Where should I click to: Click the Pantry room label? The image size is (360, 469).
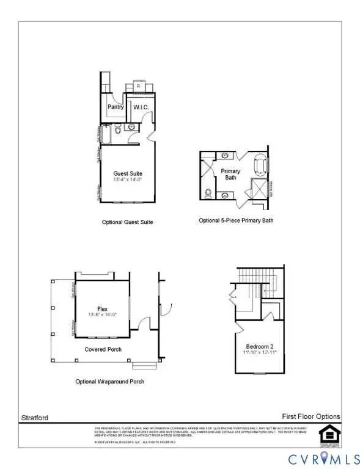[x=116, y=107]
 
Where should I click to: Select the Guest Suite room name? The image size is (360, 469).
[x=128, y=173]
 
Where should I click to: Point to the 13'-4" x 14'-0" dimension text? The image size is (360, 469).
[x=128, y=181]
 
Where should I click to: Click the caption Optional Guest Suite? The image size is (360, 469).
[x=127, y=222]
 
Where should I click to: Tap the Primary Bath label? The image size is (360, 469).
[x=230, y=175]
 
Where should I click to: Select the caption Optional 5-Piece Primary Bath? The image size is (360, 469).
[x=236, y=220]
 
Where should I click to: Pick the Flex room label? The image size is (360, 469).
[x=102, y=309]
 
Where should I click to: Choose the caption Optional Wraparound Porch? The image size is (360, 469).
[x=110, y=381]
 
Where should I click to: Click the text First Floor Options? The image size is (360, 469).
[x=310, y=416]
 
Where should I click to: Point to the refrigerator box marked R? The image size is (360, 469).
[x=138, y=87]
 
